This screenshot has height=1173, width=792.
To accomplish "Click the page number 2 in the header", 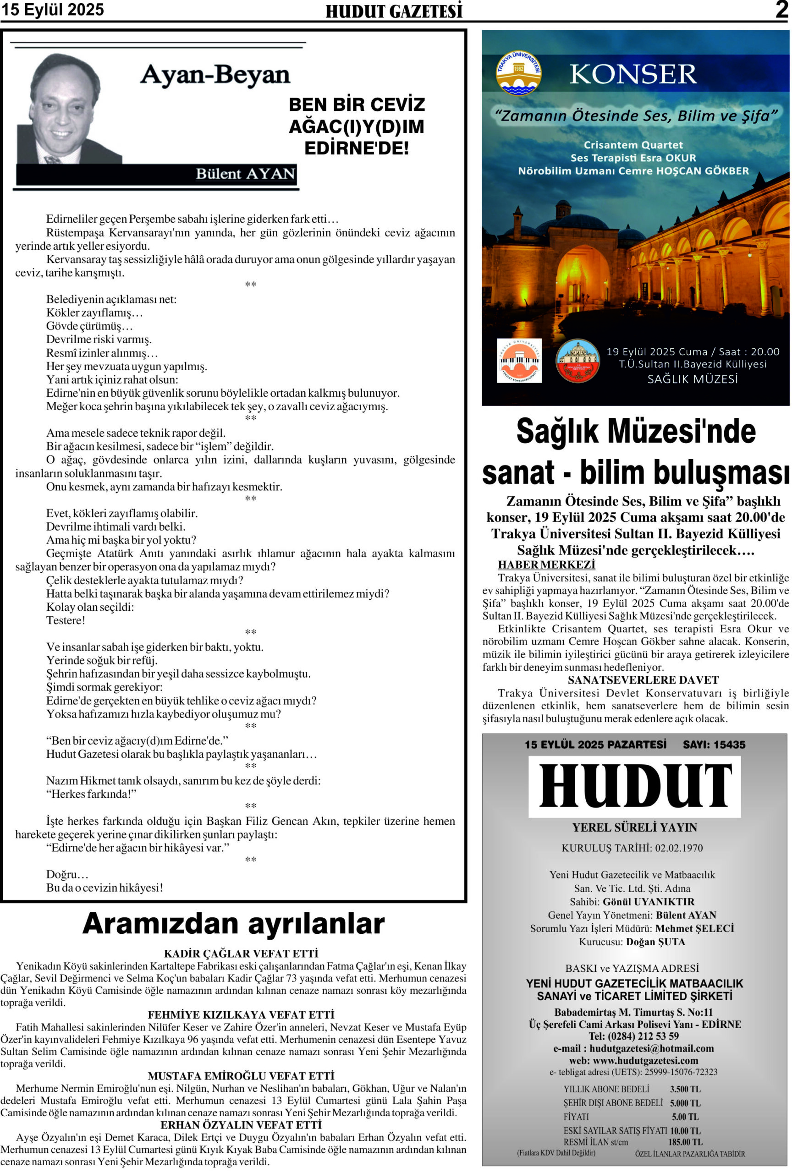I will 781,10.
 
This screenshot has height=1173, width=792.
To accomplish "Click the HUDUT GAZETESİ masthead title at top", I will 394,11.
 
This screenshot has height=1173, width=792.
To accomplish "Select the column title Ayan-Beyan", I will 215,75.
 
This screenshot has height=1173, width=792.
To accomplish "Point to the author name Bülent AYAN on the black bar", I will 245,174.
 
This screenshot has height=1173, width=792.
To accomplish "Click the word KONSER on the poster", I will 633,74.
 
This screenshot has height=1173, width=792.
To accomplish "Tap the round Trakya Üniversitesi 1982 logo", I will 518,73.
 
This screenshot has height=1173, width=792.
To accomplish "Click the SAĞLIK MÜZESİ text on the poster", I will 692,379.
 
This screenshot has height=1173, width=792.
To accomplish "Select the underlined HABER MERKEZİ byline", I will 546,565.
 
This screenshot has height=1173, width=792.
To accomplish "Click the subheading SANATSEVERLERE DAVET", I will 643,680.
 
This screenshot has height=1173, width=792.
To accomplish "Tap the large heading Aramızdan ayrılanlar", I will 233,924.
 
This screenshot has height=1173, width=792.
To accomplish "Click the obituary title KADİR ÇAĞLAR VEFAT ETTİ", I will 241,954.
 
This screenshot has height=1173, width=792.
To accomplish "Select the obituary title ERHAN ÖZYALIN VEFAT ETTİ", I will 241,1125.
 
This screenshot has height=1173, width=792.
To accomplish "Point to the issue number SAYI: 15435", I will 714,745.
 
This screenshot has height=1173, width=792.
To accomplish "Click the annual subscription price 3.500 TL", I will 685,1089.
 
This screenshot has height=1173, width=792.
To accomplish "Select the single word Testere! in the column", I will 66,620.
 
